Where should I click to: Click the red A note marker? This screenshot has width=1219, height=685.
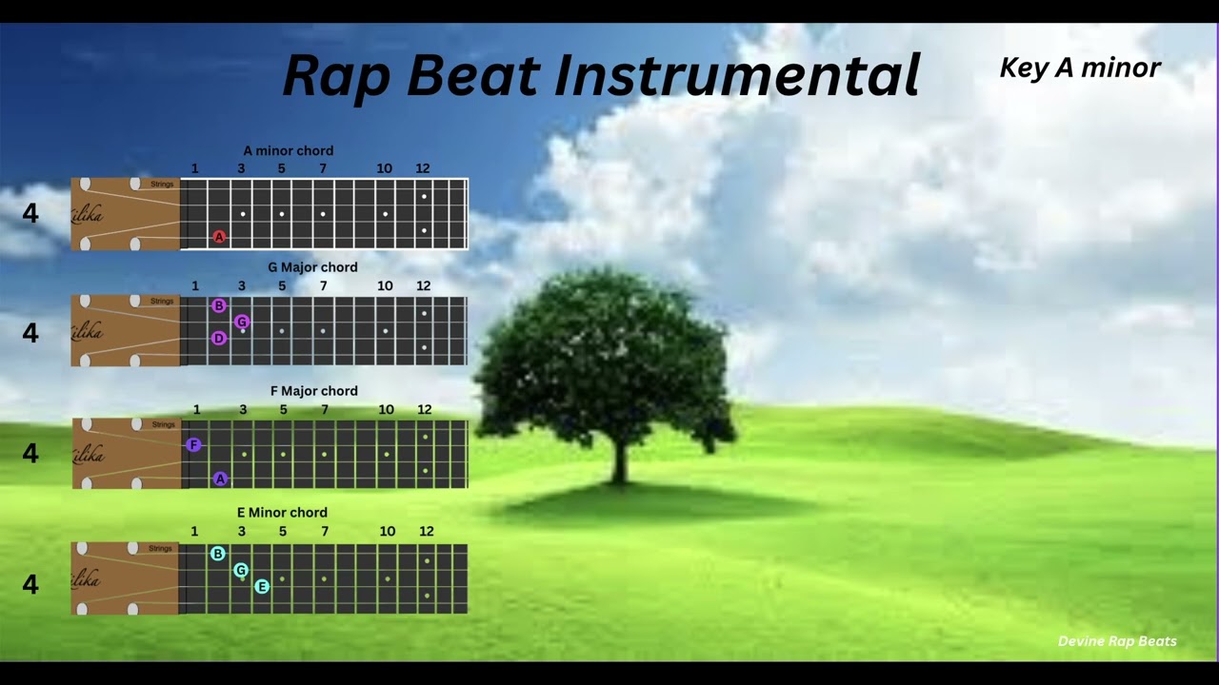click(x=219, y=237)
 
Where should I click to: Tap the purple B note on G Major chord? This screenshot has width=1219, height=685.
click(x=219, y=305)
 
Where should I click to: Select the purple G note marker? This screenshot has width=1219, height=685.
click(x=242, y=322)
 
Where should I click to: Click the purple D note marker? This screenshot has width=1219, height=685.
click(x=219, y=338)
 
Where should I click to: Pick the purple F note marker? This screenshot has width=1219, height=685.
click(x=193, y=444)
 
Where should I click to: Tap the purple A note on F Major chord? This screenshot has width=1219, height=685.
click(x=220, y=479)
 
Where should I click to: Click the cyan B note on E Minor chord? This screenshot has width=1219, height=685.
click(x=218, y=554)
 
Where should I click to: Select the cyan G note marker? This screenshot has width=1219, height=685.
click(x=241, y=570)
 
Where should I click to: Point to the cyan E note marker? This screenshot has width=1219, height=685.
click(x=262, y=586)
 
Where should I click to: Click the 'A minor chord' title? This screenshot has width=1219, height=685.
click(x=288, y=150)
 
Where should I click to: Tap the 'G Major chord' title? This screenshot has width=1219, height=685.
click(x=312, y=267)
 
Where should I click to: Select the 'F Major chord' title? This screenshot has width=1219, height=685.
click(x=313, y=391)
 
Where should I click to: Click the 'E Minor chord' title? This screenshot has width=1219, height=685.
click(x=282, y=513)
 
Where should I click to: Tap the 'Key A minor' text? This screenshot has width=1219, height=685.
click(x=1080, y=68)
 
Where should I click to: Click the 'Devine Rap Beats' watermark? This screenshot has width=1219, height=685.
click(x=1117, y=641)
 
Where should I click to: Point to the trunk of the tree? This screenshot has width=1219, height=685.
click(x=620, y=461)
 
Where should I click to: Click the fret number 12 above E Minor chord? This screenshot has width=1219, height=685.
click(x=426, y=531)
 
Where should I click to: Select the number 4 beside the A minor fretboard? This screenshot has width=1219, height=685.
click(x=30, y=213)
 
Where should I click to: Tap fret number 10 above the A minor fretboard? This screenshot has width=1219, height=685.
click(x=384, y=168)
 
